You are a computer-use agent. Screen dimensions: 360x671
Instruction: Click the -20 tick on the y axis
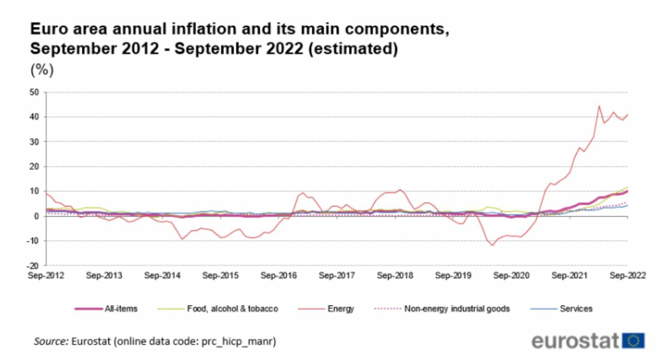[x=37, y=265]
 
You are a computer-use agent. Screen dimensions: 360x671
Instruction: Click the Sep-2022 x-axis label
[x=627, y=276]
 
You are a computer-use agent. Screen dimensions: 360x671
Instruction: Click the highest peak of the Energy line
[x=599, y=106]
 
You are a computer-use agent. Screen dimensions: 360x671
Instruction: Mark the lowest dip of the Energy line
[x=493, y=245]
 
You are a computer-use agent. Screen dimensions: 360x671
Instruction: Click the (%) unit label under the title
[x=42, y=71]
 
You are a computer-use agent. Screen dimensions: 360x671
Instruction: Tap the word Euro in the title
[x=46, y=30]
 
